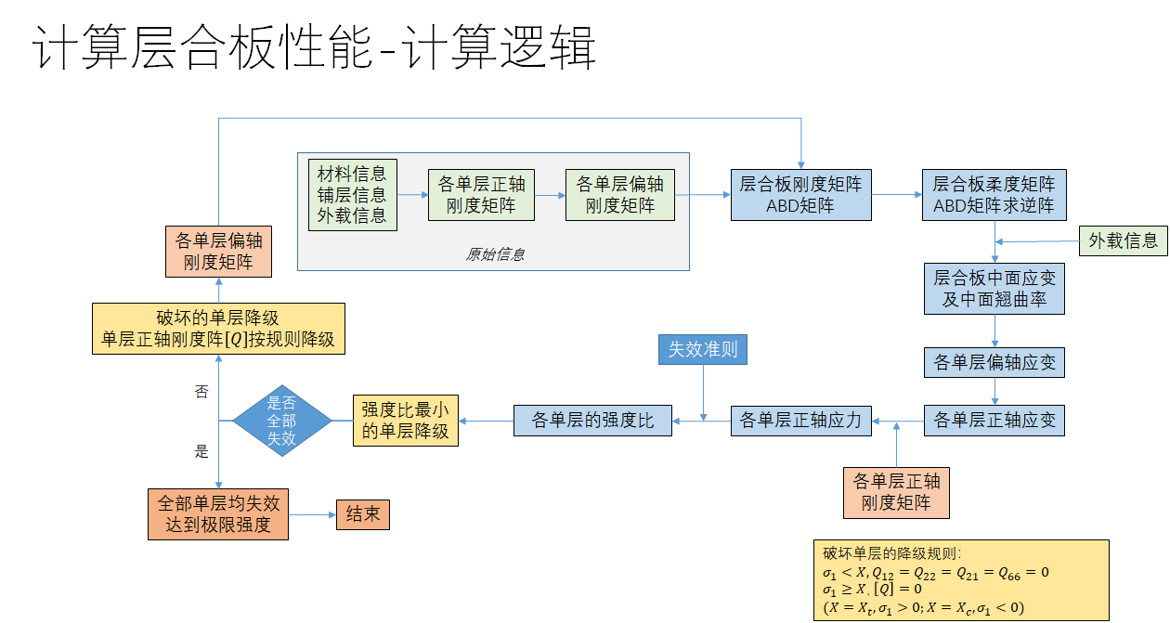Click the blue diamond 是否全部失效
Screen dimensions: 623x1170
(281, 421)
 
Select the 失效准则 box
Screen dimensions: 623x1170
(703, 349)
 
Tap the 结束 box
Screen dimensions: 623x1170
(362, 514)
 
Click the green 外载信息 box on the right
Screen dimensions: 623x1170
(1123, 240)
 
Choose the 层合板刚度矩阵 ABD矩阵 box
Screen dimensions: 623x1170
(800, 195)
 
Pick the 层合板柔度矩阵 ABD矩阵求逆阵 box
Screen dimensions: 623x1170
(994, 195)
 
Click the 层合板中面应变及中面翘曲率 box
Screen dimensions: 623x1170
(994, 289)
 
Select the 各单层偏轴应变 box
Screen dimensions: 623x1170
(994, 362)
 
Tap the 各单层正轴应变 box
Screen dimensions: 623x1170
(994, 421)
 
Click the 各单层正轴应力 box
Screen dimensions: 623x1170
(800, 421)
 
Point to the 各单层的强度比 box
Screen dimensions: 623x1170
(592, 421)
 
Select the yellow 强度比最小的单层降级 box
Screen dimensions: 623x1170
(405, 421)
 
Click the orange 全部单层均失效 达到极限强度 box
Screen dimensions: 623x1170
(218, 514)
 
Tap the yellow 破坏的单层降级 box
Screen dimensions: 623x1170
(218, 329)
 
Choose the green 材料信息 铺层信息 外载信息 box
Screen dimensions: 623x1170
(352, 195)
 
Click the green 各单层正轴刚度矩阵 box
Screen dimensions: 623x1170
(481, 195)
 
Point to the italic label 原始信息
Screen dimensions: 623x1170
(494, 254)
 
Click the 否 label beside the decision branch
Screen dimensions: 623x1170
(201, 393)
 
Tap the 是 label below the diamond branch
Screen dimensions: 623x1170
(201, 452)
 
